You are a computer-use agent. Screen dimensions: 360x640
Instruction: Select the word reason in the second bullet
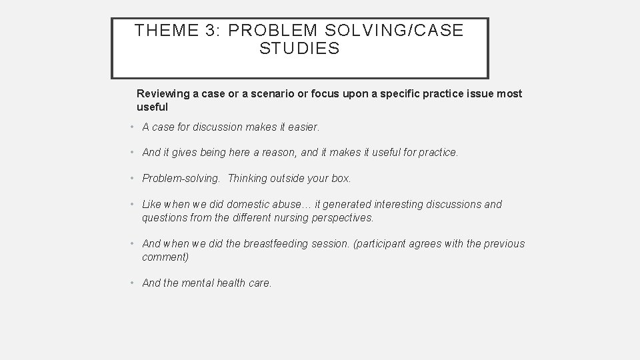pos(281,153)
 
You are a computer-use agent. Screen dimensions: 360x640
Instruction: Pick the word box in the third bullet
pos(341,179)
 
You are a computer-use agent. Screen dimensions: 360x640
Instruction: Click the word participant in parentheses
pos(378,244)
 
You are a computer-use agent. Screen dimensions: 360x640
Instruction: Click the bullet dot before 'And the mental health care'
pos(133,283)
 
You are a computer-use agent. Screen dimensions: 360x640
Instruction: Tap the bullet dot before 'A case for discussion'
pos(133,127)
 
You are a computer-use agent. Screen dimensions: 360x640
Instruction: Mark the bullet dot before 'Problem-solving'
pos(133,179)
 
